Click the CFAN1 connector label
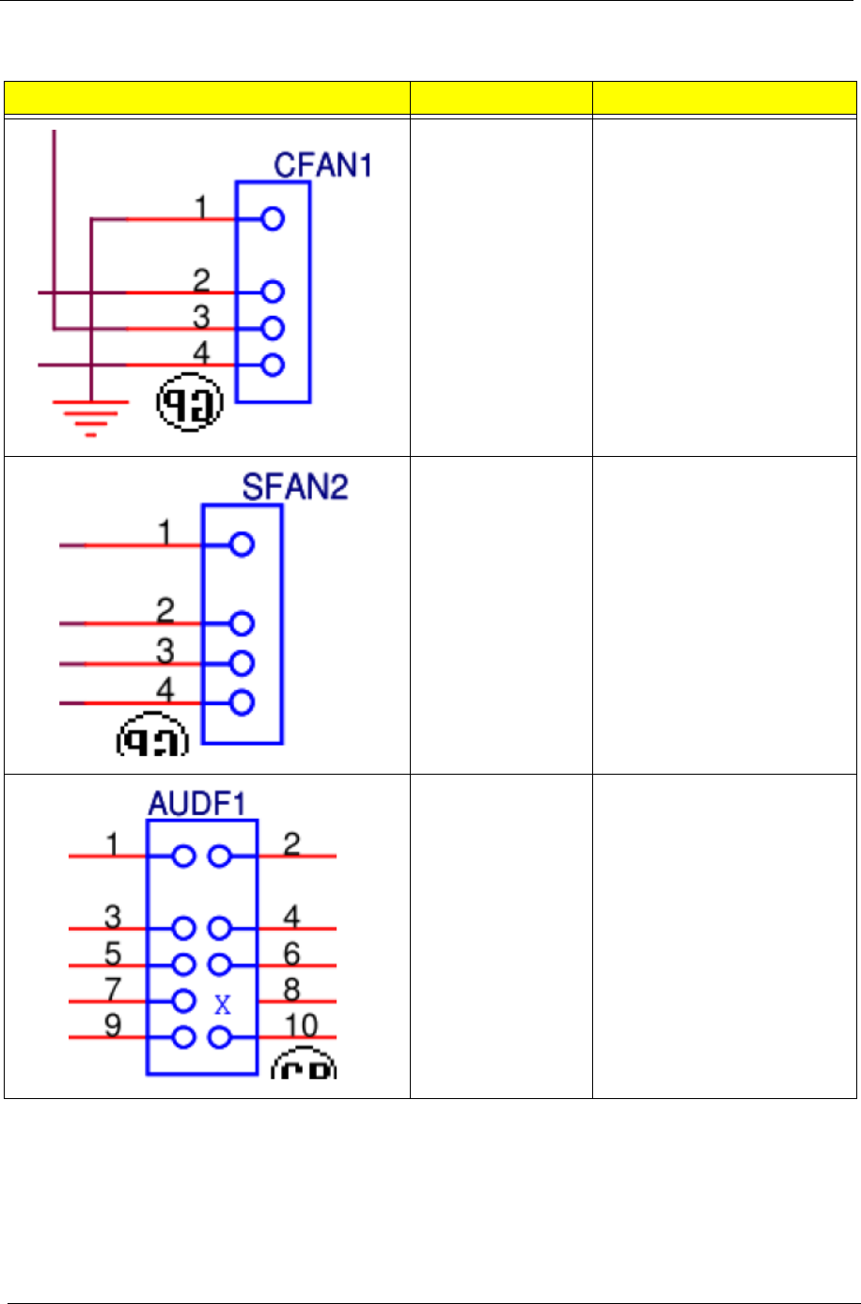[322, 165]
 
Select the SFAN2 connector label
[294, 488]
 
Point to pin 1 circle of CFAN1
[273, 219]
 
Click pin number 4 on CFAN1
[202, 353]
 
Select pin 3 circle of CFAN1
[273, 328]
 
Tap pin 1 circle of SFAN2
[242, 544]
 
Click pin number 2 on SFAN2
[165, 611]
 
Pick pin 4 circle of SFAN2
[242, 702]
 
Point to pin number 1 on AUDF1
[112, 844]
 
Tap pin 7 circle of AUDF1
[184, 1001]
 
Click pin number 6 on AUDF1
[292, 953]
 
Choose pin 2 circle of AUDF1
[220, 856]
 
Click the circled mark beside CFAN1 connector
[189, 406]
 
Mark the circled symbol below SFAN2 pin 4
[152, 738]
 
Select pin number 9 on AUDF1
[112, 1025]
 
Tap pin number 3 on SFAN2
[165, 651]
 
